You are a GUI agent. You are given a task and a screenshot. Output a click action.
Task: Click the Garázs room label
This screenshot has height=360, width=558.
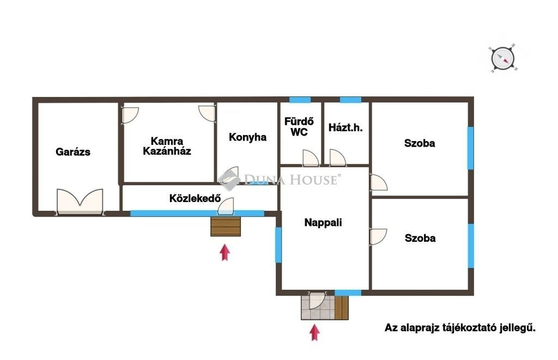pos(73,152)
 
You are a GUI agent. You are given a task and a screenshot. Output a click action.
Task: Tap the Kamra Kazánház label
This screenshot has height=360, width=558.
pos(167,146)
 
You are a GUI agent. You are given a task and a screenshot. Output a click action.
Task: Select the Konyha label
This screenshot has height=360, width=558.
pos(248,137)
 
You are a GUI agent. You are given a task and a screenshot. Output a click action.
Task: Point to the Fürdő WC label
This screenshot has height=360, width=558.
pos(299,127)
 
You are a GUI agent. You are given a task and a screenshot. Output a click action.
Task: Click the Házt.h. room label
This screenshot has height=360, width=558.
pos(345,127)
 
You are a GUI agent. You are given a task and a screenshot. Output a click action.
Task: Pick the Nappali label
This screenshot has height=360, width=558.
pos(323,223)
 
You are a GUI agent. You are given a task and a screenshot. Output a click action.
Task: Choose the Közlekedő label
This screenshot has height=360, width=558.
pos(195,198)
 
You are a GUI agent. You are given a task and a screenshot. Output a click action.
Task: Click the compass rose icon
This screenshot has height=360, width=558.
pos(503,58)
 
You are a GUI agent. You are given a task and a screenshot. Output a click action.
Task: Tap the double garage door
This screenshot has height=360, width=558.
pos(80,202)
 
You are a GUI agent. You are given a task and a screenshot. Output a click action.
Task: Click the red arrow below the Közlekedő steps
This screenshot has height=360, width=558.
pos(225,252)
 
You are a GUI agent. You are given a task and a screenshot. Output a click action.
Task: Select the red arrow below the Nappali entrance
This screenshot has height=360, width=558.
pos(314,333)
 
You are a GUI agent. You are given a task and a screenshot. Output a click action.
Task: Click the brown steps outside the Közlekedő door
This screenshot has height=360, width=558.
pos(226,227)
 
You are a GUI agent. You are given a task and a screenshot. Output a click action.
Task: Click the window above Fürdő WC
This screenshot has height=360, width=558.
pos(300,100)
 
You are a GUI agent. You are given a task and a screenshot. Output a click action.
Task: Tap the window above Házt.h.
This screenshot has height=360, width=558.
pos(350,100)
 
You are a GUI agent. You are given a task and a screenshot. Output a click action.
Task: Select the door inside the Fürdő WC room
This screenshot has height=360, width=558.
pos(310,158)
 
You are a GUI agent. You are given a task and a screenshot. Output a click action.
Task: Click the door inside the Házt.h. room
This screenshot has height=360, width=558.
pos(337,158)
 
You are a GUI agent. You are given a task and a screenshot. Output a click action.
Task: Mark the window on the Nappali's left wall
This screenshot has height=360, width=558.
pos(278,245)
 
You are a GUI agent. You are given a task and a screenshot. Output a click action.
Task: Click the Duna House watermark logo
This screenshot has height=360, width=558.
pos(280,180)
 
